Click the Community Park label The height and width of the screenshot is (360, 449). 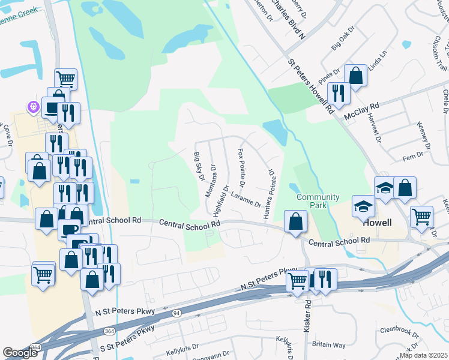click(x=318, y=202)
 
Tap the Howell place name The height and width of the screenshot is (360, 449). click(x=378, y=223)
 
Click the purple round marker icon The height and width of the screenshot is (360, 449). click(x=33, y=107)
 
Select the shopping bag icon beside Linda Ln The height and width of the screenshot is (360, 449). click(x=355, y=76)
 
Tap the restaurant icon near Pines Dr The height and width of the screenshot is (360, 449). click(x=339, y=93)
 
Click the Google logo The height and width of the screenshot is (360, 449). click(x=20, y=353)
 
